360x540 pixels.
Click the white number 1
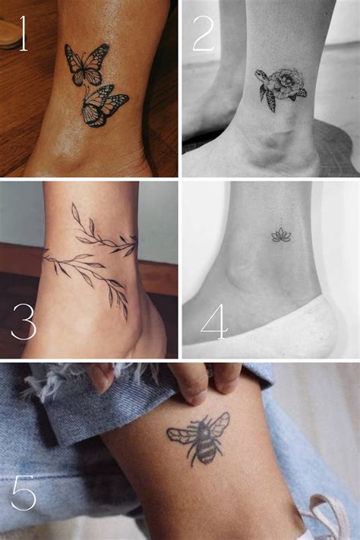[x=23, y=33]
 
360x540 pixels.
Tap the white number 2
[x=204, y=33]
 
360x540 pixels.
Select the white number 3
[x=24, y=321]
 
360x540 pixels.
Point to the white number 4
[x=214, y=322]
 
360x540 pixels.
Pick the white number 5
[x=24, y=492]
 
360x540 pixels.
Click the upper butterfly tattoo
[x=87, y=65]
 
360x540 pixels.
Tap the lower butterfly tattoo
[x=103, y=106]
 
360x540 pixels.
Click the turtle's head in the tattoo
[x=259, y=74]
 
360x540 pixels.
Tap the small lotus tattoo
[x=281, y=235]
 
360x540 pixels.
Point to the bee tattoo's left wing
[x=182, y=436]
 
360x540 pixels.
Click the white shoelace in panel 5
[x=327, y=516]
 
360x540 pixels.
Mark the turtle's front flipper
[x=271, y=101]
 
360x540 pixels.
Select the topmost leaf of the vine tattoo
[x=75, y=211]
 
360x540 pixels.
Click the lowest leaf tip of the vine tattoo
[x=126, y=319]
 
